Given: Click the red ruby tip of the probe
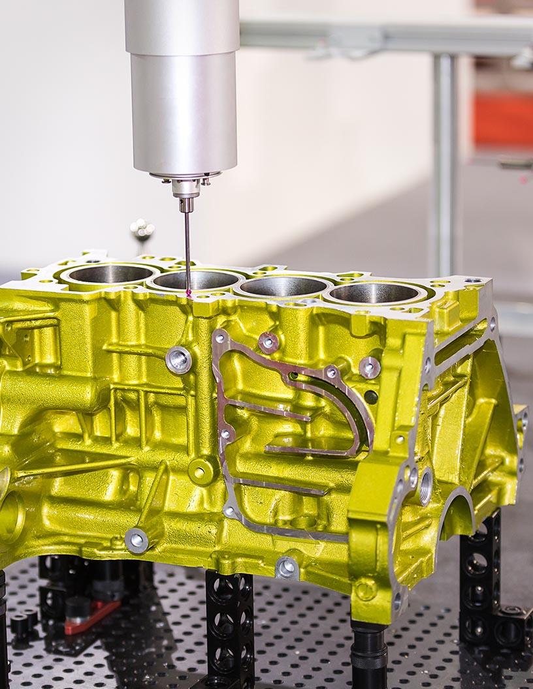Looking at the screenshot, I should click(x=189, y=294).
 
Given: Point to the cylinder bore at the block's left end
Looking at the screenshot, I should click(x=108, y=274).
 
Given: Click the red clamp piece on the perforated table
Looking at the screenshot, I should click(x=92, y=617).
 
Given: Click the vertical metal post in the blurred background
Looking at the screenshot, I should click(x=445, y=163).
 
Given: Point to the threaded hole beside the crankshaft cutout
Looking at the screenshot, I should click(x=425, y=486).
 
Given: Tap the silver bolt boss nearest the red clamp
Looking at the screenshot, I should click(x=136, y=540).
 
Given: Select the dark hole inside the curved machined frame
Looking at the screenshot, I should click(x=370, y=397).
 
